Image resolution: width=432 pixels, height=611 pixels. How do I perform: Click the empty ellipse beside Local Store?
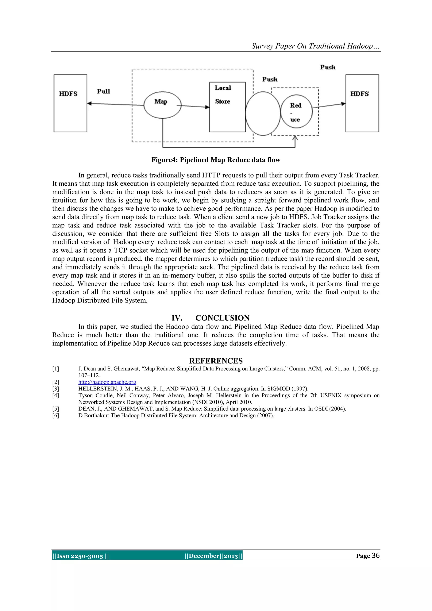point(263,114)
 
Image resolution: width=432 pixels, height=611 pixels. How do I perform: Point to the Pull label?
point(104,91)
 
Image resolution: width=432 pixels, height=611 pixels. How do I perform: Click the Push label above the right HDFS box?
point(328,67)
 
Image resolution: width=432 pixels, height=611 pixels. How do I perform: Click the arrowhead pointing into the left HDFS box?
point(89,104)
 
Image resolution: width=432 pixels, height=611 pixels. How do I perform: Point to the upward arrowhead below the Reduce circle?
point(295,138)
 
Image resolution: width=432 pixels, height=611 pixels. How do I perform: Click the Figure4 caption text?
point(216,160)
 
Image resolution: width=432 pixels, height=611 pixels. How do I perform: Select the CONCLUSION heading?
point(222,318)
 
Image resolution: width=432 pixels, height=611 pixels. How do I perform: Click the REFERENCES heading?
point(216,361)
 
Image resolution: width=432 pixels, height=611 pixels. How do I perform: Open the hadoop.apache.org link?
point(107,382)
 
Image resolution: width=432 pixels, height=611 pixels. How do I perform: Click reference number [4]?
point(56,395)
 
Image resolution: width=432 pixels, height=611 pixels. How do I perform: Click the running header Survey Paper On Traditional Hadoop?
point(315,46)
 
